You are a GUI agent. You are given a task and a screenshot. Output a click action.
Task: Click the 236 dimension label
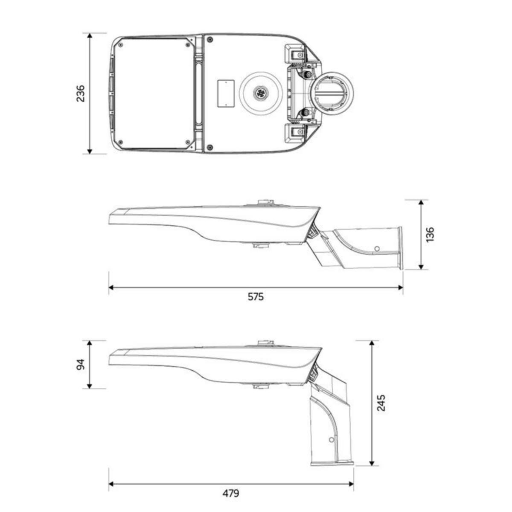[x=81, y=93]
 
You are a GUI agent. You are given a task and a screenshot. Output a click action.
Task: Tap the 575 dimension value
[x=256, y=297]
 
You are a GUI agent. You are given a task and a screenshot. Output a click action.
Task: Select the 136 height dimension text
[x=430, y=234]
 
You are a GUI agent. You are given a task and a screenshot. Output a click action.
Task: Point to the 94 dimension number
[x=81, y=364]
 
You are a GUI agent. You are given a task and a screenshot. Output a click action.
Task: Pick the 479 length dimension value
[x=231, y=493]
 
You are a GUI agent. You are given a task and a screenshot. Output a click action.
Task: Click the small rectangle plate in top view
[x=226, y=93]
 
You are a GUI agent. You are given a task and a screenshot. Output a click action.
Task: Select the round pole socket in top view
[x=334, y=93]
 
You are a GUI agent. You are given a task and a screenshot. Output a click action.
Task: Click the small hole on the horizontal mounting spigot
[x=376, y=248]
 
